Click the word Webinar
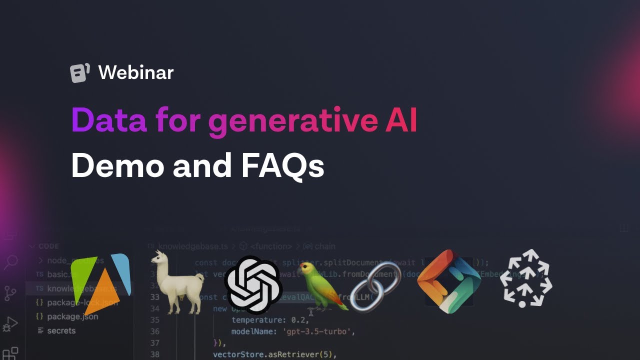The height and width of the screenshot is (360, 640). (136, 73)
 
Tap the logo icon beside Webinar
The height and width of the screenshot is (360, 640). (80, 73)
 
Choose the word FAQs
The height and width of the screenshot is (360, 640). (282, 166)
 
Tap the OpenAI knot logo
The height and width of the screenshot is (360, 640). (253, 284)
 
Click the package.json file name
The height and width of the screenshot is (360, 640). (72, 316)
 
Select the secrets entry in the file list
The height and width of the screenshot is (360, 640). (61, 330)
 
